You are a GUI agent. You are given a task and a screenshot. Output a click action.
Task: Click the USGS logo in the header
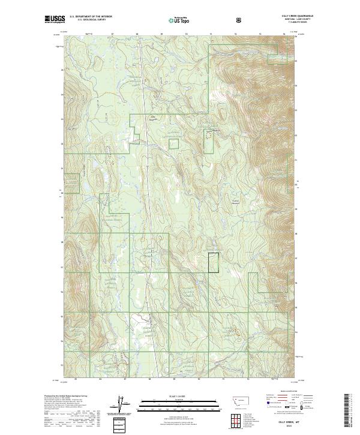(55, 19)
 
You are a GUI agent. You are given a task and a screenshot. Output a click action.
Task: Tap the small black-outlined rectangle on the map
(213, 263)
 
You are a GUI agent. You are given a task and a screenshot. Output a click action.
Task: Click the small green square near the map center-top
(173, 143)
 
